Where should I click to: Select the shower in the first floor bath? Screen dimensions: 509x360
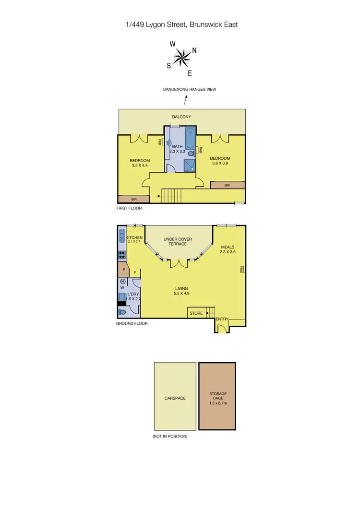[191, 166]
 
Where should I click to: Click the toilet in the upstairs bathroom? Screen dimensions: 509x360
[192, 154]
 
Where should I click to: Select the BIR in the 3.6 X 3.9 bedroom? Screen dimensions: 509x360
[228, 185]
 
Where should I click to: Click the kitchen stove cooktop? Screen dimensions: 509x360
[122, 255]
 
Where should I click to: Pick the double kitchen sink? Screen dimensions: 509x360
[121, 237]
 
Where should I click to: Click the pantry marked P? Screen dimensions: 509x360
[123, 270]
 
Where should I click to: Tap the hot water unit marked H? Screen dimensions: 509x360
[123, 282]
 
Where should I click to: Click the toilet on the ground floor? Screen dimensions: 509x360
[122, 312]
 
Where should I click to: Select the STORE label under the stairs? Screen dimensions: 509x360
[196, 313]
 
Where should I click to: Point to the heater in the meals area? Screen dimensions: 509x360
[243, 270]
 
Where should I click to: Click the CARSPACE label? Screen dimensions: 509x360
[175, 398]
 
